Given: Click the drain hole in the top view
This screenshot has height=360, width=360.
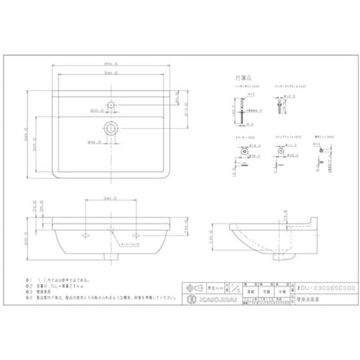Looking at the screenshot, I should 110,129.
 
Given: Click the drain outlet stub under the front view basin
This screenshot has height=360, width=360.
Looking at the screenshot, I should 110,255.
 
